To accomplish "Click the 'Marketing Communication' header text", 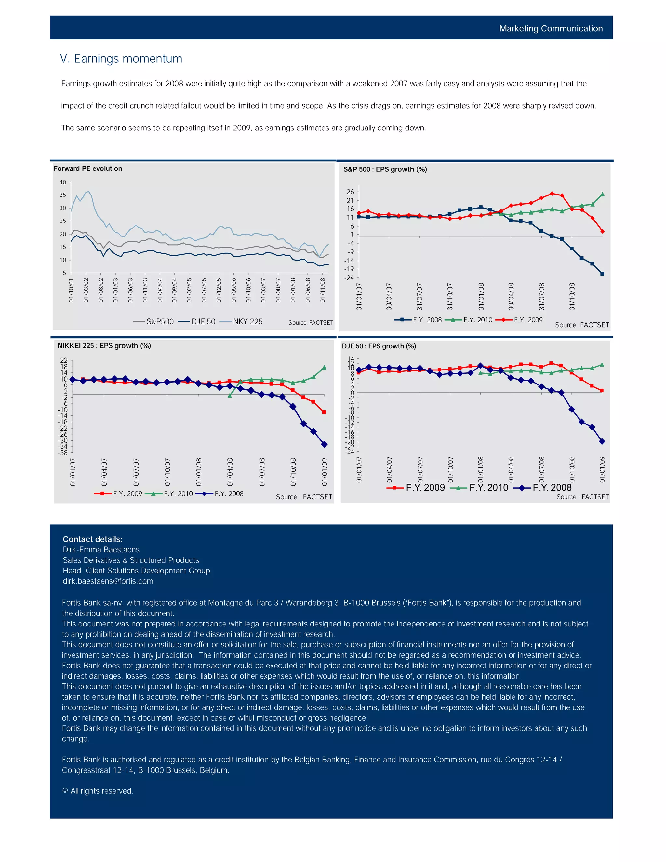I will [x=551, y=28].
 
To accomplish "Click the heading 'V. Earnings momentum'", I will [x=121, y=59].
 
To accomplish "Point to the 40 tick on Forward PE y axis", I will [x=63, y=182].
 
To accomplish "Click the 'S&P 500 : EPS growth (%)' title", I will [x=385, y=169].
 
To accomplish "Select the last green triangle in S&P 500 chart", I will [x=602, y=194].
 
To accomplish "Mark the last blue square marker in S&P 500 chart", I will [x=602, y=274].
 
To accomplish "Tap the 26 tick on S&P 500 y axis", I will [x=350, y=192].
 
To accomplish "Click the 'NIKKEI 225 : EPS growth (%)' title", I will [x=104, y=346].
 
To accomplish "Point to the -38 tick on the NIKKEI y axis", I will [x=63, y=453].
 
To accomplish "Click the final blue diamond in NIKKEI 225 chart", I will [x=324, y=444].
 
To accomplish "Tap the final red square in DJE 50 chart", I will [x=602, y=391].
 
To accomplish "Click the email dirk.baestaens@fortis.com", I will [x=108, y=581].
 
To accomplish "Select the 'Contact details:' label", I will [x=92, y=539].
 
